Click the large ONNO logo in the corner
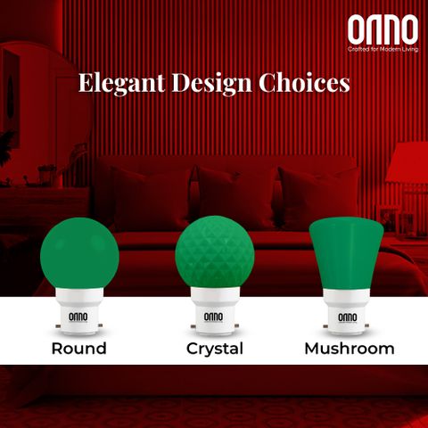click(x=383, y=30)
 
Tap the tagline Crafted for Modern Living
click(x=383, y=49)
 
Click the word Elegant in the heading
click(x=122, y=84)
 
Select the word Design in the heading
click(x=211, y=84)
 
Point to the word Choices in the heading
click(x=304, y=83)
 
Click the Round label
click(x=79, y=349)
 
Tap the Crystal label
click(x=215, y=349)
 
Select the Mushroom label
click(x=350, y=349)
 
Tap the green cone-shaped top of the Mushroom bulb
click(x=347, y=255)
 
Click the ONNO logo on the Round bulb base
click(x=78, y=317)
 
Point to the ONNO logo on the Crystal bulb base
click(x=213, y=317)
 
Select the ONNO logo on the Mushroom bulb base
click(x=348, y=317)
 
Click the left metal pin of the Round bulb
click(x=59, y=326)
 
